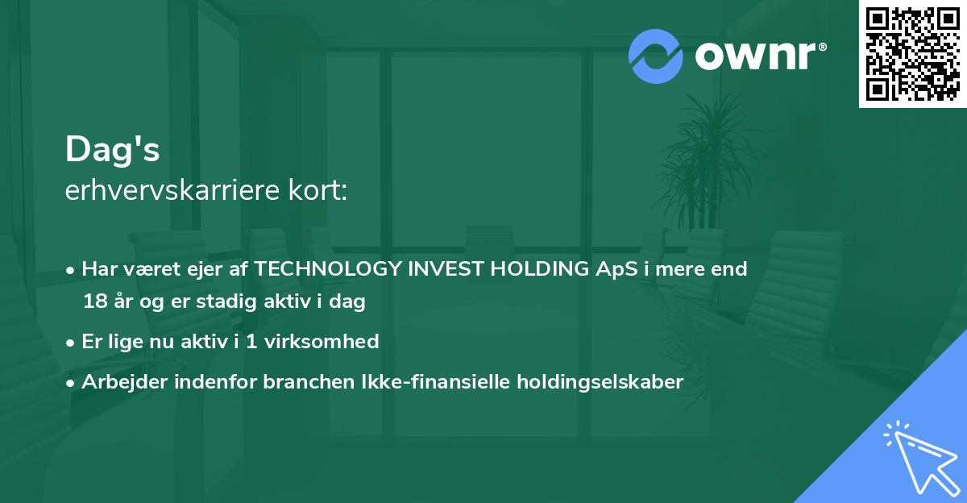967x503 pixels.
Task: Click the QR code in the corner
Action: pos(912,54)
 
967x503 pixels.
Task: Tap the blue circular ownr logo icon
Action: pos(655,56)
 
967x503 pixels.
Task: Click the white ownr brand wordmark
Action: pos(755,56)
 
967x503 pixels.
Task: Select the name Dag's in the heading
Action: pos(112,149)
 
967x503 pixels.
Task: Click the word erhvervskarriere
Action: pos(172,190)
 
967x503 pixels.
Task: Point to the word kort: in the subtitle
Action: pos(317,190)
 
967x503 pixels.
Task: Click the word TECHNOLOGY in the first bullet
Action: pos(328,268)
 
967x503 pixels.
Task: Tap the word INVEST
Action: pos(446,268)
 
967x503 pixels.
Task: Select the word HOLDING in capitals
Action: pos(540,268)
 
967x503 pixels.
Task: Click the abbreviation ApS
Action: pos(616,269)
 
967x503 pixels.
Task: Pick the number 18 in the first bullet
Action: pos(95,301)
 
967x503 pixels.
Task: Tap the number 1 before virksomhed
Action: pos(251,342)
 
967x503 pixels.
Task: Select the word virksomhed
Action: pos(322,341)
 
